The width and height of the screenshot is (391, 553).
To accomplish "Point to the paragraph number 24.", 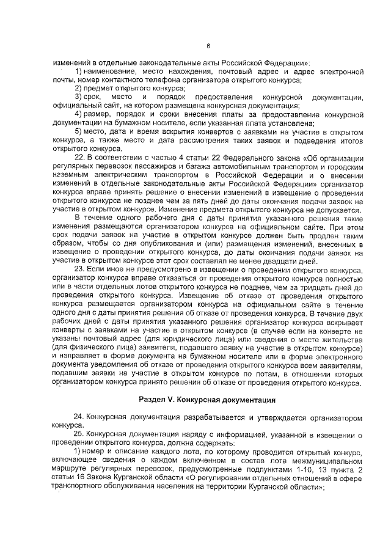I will point(79,416).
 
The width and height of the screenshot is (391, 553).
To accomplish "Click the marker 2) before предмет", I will point(79,88).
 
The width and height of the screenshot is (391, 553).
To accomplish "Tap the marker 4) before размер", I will point(79,114).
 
